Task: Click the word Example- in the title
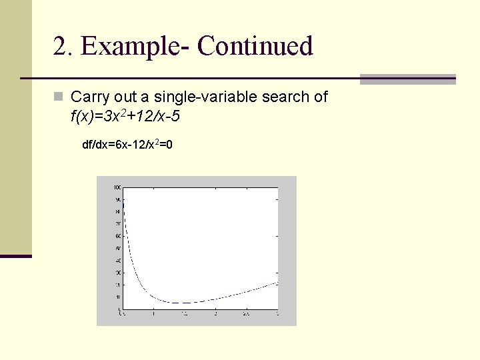(x=135, y=47)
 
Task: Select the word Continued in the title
(x=255, y=47)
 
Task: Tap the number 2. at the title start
(x=65, y=47)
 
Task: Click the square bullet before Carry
(x=59, y=97)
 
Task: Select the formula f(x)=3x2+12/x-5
(x=125, y=117)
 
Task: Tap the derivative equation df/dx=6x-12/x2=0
(x=127, y=144)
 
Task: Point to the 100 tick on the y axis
(x=117, y=187)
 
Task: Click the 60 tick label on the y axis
(x=117, y=236)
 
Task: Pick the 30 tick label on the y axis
(x=117, y=273)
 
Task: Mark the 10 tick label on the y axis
(x=117, y=297)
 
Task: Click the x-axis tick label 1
(x=153, y=313)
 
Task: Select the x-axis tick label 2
(x=215, y=313)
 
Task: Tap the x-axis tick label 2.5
(x=246, y=313)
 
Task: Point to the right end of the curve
(x=277, y=282)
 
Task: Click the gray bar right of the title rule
(x=407, y=79)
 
